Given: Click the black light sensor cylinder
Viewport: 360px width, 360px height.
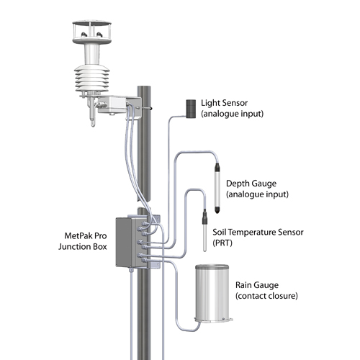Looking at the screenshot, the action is tap(191, 109).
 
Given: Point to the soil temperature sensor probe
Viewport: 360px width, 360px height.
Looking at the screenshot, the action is tap(204, 230).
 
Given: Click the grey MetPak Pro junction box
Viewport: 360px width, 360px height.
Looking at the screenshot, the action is tap(132, 242).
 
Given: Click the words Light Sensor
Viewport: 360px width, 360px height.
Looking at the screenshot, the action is tap(224, 103).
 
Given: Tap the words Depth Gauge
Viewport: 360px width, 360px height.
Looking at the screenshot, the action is tap(251, 184).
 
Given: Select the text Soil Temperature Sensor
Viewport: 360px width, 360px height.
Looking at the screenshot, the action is tap(258, 232).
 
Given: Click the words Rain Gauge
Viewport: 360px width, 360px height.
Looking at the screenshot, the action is tap(257, 285).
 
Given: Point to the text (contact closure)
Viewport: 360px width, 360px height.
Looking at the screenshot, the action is tap(266, 296).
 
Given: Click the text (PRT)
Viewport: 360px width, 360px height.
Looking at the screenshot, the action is tap(222, 243).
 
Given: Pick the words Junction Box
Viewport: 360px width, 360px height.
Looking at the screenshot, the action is tap(83, 246).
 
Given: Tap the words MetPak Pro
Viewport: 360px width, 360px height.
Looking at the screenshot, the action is tap(86, 235).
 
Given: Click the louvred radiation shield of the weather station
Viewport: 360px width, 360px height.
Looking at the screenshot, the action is tap(92, 78).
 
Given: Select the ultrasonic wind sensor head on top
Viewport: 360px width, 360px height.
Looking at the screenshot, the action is tap(91, 32).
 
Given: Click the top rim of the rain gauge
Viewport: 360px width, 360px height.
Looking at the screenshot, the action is tap(212, 267).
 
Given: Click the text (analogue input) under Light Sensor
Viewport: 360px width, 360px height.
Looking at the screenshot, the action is tap(232, 114).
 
